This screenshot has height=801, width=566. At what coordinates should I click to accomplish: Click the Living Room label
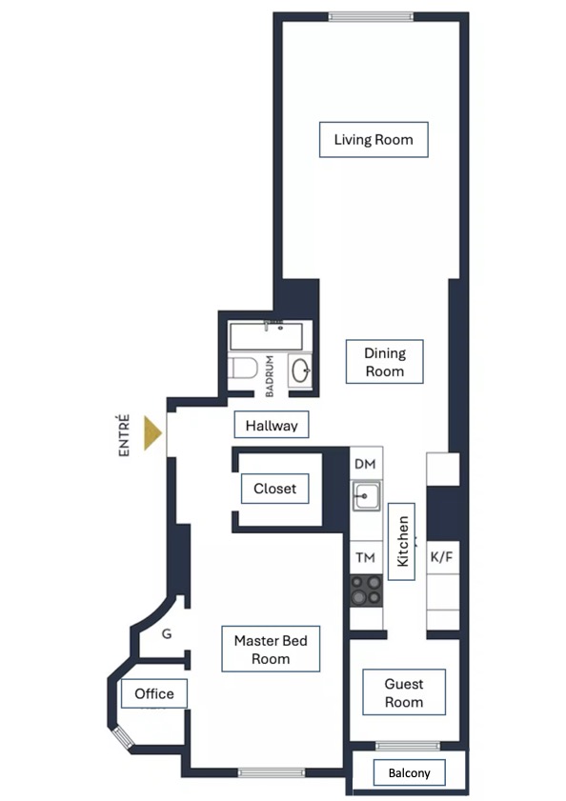tap(374, 139)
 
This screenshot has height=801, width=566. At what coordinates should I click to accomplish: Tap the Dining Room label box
tap(385, 362)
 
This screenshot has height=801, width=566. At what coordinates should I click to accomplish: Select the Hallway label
tap(272, 425)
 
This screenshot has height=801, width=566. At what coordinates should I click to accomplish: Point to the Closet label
tap(275, 489)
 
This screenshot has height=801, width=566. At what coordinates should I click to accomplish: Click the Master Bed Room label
tap(271, 649)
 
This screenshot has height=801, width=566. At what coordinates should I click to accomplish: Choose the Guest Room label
tap(404, 692)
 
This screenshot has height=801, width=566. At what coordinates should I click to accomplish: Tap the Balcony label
tap(409, 773)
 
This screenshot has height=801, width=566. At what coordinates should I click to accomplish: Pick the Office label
tap(154, 693)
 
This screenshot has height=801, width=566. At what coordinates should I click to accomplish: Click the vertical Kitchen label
tap(402, 542)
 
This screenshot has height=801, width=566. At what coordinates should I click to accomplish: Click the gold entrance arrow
tap(152, 433)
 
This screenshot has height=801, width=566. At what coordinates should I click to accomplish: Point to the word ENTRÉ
tap(124, 435)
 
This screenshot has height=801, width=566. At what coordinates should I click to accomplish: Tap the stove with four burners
tap(366, 590)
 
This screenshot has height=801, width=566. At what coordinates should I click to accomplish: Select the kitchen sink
tap(366, 496)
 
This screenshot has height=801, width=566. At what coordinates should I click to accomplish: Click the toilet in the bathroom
tap(242, 368)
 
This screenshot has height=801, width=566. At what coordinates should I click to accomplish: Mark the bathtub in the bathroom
tap(266, 335)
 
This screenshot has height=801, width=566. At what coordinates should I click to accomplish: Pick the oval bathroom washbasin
tap(301, 370)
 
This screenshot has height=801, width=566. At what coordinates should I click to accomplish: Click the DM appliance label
tap(365, 464)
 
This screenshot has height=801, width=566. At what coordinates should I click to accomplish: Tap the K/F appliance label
tap(441, 556)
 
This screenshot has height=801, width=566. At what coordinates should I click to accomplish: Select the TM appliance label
tap(365, 557)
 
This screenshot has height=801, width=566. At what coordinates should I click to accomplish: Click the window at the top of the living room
tap(371, 17)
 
